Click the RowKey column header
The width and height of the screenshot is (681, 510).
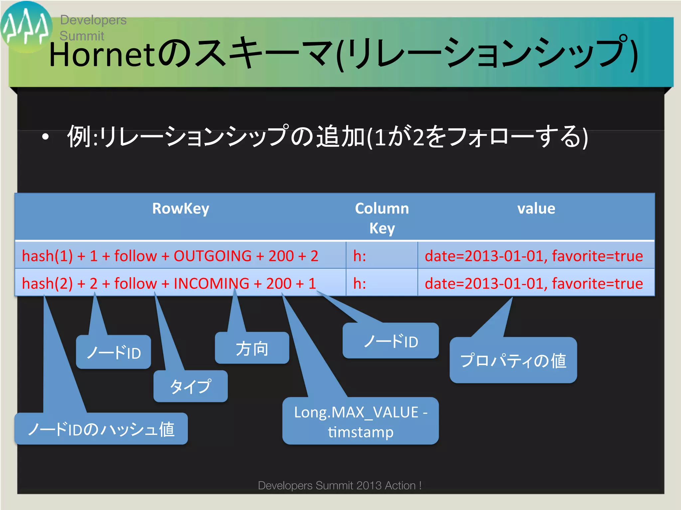[x=181, y=209]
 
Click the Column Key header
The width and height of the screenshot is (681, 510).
[x=382, y=218]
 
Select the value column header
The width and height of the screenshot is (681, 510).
[x=536, y=209]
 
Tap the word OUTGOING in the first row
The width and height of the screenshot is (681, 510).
[x=212, y=256]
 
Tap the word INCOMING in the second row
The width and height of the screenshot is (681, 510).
[x=211, y=284]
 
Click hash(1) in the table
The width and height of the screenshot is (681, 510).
[x=47, y=256]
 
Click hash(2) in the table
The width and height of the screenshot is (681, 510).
[x=47, y=284]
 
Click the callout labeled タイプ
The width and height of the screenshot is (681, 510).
[x=191, y=386]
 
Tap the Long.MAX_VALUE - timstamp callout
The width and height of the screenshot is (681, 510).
[x=360, y=421]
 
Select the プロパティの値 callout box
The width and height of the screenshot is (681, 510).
[x=513, y=361]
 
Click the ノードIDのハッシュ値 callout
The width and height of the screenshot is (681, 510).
[x=101, y=429]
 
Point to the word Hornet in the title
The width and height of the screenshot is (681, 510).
[x=102, y=55]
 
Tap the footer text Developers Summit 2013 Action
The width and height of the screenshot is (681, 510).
[x=340, y=485]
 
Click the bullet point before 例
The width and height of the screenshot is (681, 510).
[x=46, y=137]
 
